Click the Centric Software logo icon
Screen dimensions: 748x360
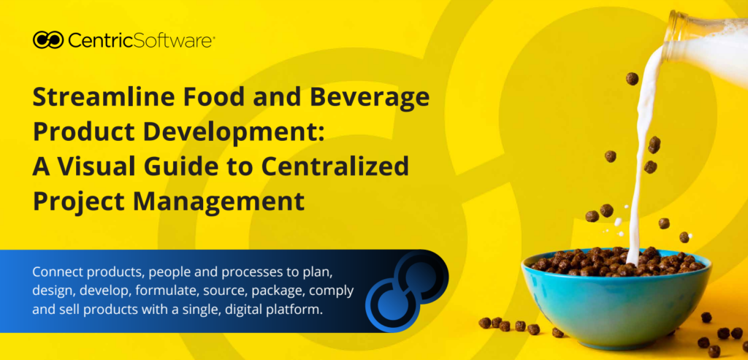tap(48, 39)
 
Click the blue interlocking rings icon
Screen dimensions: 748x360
tap(407, 292)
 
